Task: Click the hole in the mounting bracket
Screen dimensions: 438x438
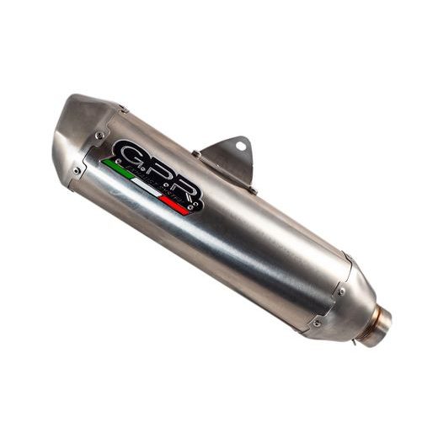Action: click(241, 147)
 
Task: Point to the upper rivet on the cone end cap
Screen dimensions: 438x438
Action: click(341, 291)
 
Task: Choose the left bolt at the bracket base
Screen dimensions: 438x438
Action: click(197, 154)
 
